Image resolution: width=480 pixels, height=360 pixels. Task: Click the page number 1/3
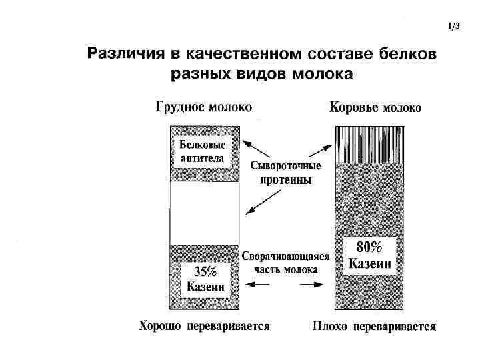pos(454,27)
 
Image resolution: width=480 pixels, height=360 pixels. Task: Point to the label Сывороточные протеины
pos(285,173)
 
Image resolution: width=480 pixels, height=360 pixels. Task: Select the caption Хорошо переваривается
pos(204,327)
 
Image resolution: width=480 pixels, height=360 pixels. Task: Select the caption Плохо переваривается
pos(374,327)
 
